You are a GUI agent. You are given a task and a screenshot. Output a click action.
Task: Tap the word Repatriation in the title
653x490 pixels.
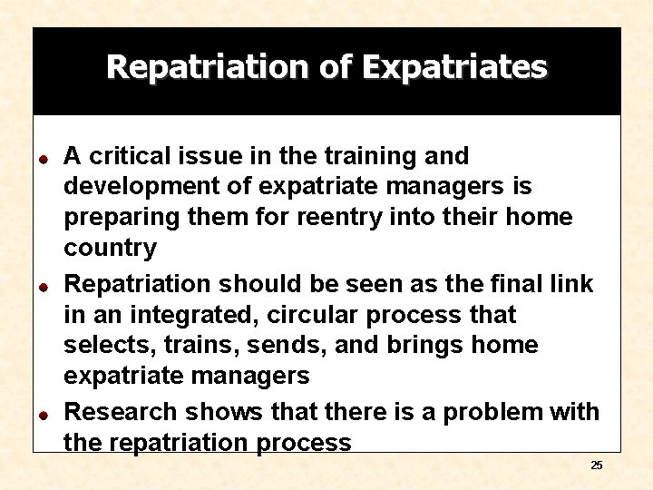tap(208, 67)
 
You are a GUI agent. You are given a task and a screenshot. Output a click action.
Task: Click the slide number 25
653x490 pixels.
tap(596, 465)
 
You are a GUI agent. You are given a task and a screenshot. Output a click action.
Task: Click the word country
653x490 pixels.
tap(110, 248)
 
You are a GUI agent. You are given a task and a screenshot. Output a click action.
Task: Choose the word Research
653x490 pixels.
tap(122, 412)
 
